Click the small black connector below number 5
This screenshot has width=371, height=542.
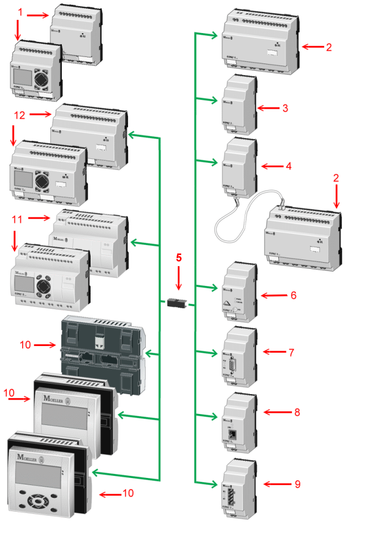coord(177,302)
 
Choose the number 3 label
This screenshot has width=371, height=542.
coord(285,108)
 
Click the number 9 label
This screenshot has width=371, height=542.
coord(297,484)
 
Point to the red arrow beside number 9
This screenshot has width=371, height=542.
coord(274,484)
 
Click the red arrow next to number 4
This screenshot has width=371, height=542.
coord(271,166)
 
